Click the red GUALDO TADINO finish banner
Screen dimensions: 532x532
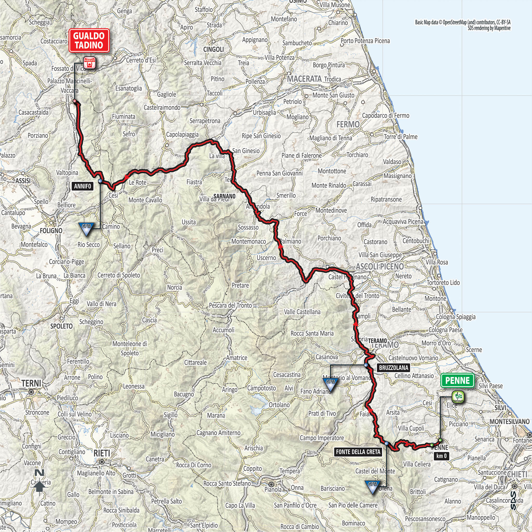(89, 41)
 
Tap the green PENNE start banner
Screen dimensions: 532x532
(457, 381)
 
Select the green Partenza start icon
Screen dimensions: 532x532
(458, 398)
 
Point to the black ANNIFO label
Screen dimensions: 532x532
(82, 186)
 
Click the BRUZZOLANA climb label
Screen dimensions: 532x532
(394, 368)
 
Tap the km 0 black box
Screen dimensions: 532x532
(441, 456)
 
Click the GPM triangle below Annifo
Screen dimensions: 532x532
(86, 229)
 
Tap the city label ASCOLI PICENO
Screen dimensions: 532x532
(380, 266)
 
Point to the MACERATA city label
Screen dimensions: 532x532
(304, 79)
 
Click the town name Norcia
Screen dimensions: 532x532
(174, 287)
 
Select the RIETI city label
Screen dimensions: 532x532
(102, 453)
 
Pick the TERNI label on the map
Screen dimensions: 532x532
(31, 383)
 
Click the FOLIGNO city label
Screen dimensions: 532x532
(51, 230)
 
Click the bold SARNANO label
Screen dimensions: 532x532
(224, 196)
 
